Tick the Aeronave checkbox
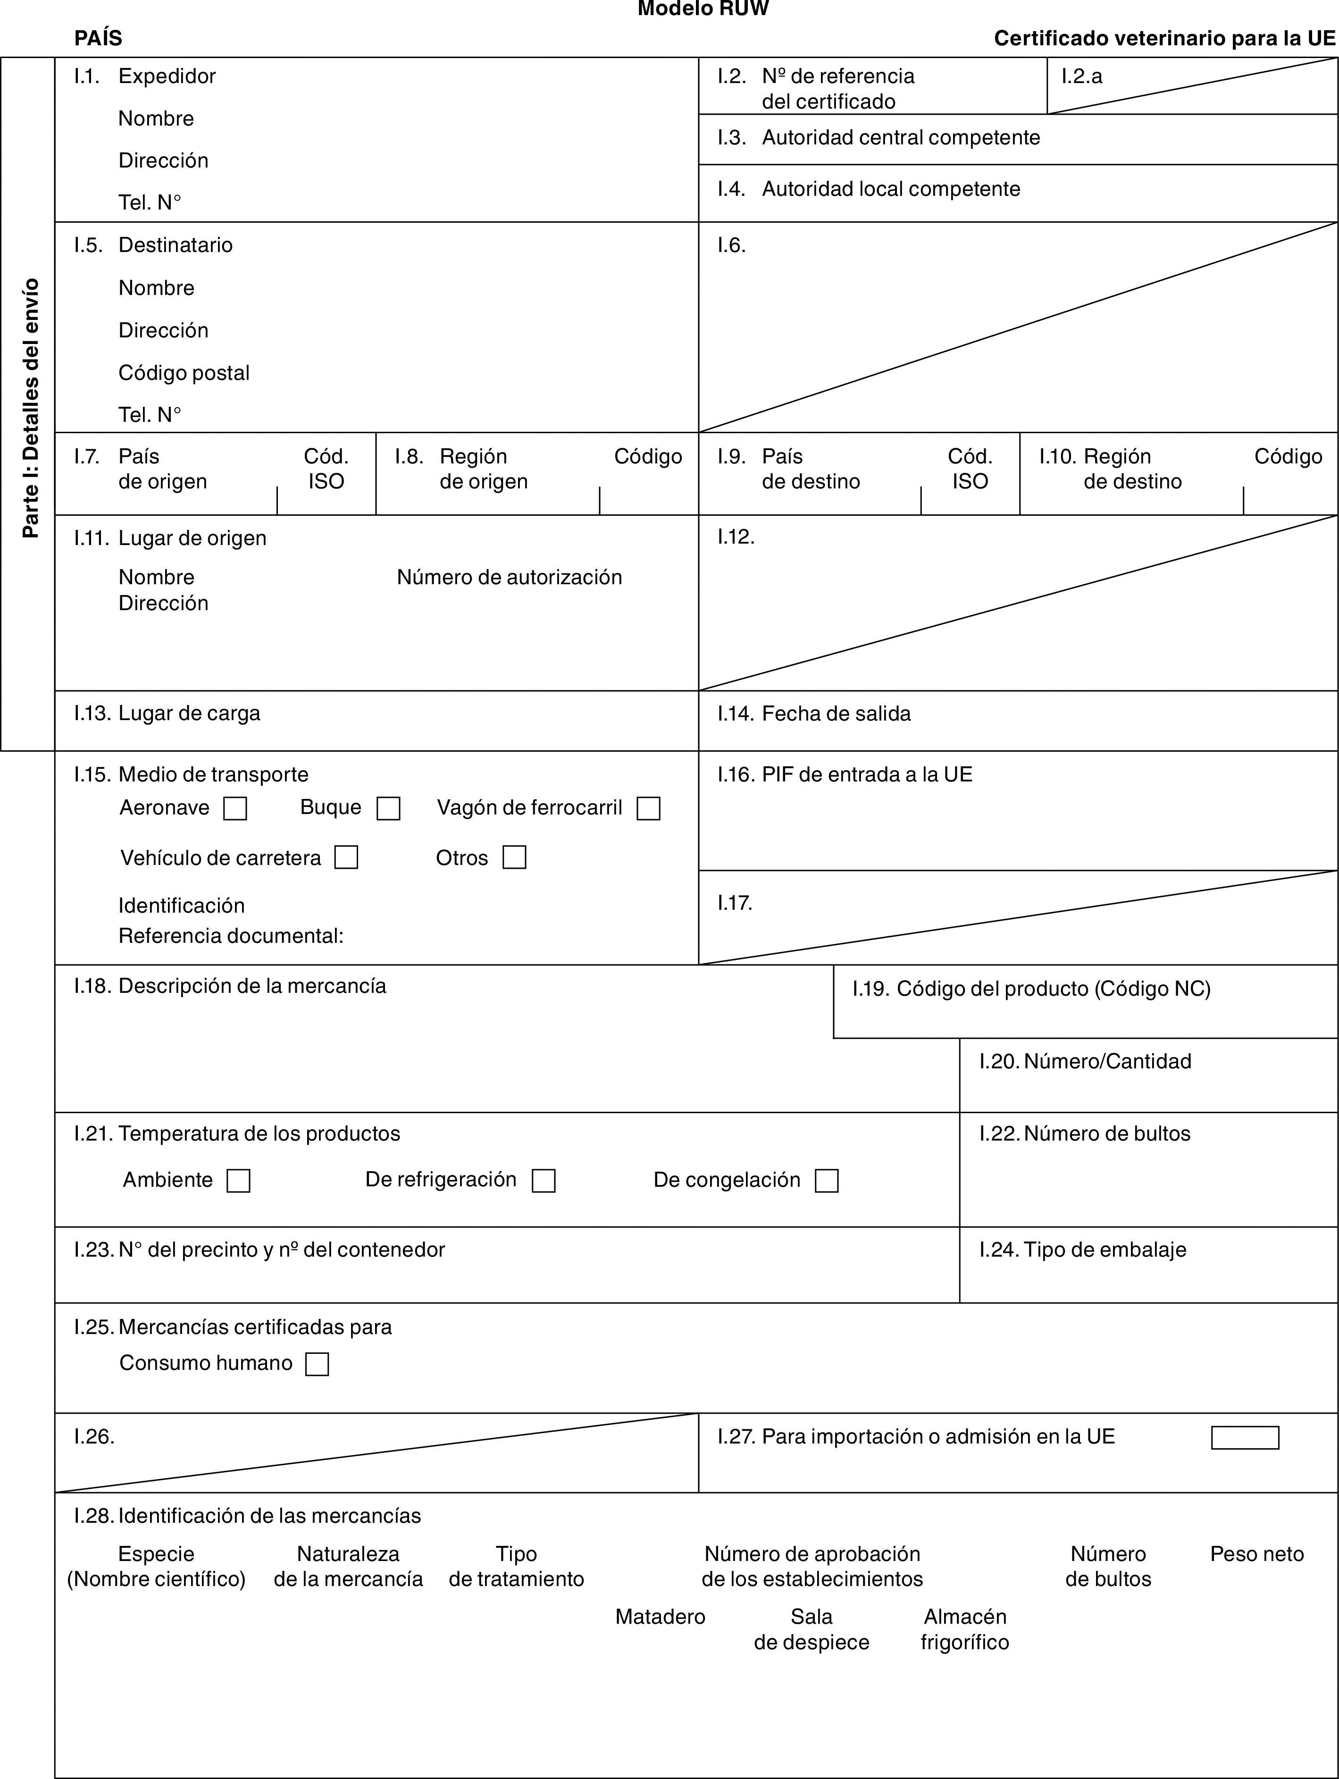coord(235,808)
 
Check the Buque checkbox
coord(388,808)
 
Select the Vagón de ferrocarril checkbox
coord(648,808)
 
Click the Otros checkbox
coord(515,857)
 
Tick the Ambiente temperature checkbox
coord(239,1181)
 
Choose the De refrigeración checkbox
coord(544,1181)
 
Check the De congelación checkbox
coord(827,1181)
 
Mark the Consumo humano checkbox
coord(318,1364)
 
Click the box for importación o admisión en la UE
coord(1245,1437)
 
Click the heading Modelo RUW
coord(703,9)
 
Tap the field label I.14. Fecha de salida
coord(814,713)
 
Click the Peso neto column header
coord(1257,1554)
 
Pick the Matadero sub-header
coord(660,1617)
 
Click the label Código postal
coord(184,372)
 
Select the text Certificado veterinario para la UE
coord(1164,38)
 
